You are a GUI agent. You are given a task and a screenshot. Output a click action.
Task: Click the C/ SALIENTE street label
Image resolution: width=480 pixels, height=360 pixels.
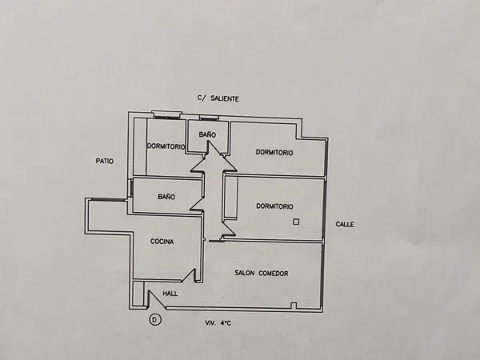218,98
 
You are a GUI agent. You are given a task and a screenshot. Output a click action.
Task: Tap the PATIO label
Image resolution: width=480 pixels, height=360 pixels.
105,161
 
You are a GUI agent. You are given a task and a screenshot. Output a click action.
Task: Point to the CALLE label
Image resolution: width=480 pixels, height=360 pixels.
345,224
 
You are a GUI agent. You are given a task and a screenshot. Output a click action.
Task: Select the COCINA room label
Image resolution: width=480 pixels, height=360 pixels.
162,242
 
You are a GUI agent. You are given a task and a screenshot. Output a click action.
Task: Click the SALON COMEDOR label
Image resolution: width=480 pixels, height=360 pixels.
261,273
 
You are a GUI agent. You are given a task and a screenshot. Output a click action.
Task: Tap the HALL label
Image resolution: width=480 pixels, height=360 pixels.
170,294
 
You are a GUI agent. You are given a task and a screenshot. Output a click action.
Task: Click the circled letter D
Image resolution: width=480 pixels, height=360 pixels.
155,320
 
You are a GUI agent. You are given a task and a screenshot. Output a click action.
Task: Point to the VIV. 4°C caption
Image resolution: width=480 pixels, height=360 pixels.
218,323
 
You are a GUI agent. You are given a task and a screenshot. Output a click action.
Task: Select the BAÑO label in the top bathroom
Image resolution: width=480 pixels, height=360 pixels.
207,134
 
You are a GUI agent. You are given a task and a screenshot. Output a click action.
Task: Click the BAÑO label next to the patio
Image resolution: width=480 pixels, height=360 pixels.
166,197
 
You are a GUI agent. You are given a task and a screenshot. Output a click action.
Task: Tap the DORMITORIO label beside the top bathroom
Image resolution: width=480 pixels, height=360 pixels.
166,146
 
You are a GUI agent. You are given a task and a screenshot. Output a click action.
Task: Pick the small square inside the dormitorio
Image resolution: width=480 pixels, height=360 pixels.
296,222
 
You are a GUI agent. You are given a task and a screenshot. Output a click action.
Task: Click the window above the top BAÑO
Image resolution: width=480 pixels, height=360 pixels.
209,118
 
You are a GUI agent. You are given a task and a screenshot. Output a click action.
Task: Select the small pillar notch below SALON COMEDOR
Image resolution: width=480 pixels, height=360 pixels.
294,306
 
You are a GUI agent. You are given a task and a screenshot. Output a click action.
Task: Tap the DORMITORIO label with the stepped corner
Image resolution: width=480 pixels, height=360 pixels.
274,153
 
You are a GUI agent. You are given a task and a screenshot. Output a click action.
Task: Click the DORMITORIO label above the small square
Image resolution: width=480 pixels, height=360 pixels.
274,206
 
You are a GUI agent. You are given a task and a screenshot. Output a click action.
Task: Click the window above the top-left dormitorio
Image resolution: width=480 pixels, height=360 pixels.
167,114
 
